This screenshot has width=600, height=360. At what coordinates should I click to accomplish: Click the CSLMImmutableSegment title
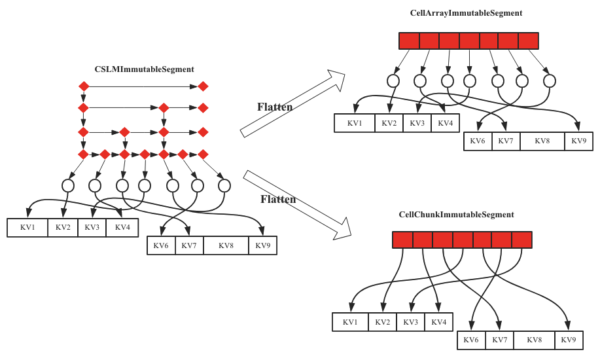(144, 69)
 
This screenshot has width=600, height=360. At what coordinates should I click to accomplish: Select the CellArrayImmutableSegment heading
(466, 13)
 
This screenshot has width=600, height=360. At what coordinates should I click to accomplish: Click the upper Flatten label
(275, 107)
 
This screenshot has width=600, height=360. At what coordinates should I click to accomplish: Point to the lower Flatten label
(278, 199)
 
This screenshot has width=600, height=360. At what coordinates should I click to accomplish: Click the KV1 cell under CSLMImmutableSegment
(27, 227)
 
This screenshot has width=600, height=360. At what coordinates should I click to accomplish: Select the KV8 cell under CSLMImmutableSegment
(226, 245)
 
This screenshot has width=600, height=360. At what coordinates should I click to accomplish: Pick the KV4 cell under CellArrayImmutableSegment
(445, 123)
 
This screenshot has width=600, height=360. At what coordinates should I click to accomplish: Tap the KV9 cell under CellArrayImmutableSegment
(578, 141)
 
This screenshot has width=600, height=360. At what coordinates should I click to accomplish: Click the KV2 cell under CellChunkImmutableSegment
(382, 322)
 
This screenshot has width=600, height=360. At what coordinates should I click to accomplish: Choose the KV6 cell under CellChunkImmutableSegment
(471, 340)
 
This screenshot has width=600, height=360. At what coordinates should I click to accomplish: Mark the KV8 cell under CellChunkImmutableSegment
(534, 340)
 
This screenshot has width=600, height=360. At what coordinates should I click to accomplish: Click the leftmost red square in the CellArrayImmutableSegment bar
(409, 41)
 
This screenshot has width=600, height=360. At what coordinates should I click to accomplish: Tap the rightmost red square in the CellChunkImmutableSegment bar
(522, 240)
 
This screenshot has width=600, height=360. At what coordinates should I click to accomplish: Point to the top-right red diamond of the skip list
(203, 86)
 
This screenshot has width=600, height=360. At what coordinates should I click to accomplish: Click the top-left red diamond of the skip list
(83, 86)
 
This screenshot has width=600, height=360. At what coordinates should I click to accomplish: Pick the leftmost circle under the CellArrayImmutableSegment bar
(393, 81)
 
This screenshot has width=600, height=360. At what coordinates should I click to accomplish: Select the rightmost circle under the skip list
(224, 186)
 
